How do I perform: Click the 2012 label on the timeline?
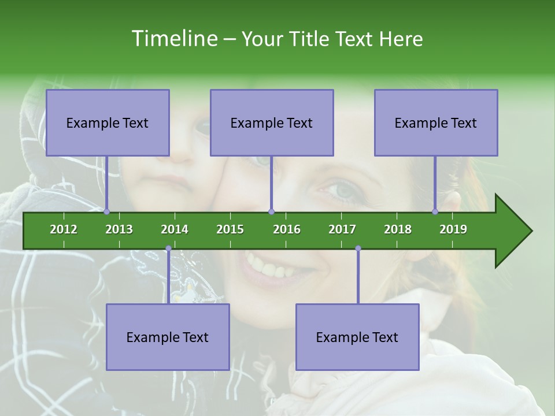click(64, 229)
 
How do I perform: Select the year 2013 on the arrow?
click(119, 229)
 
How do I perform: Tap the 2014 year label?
click(175, 229)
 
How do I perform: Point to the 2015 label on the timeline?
click(230, 229)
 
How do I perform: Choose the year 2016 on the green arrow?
click(287, 229)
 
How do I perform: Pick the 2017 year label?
click(342, 229)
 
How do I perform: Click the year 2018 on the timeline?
click(398, 229)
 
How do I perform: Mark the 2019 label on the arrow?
click(453, 229)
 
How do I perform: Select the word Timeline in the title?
click(173, 39)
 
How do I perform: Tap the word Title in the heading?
click(309, 39)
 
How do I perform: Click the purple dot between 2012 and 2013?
click(106, 211)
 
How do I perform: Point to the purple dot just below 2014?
click(168, 248)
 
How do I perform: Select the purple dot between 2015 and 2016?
click(271, 211)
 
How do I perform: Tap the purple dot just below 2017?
click(358, 248)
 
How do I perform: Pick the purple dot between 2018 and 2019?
click(435, 211)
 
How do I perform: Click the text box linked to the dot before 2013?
click(108, 122)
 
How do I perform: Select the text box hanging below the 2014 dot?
click(168, 337)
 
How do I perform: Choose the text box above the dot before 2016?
click(272, 122)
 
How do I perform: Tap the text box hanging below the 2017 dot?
click(357, 337)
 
